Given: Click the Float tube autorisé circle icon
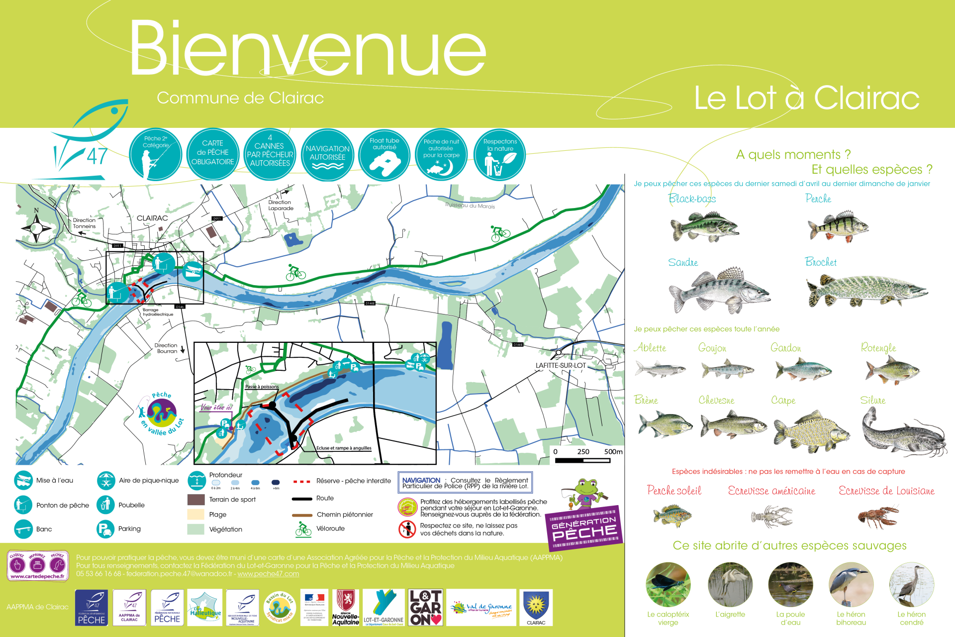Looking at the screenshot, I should [x=384, y=155].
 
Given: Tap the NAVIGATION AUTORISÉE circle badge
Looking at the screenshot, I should [x=327, y=155].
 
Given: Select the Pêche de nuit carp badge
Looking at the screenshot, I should [x=441, y=155].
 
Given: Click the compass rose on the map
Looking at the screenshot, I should [x=36, y=228].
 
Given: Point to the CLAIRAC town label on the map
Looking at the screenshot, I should [x=152, y=218].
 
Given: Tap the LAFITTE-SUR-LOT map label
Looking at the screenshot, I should [x=561, y=365].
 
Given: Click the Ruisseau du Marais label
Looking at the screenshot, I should [x=470, y=206].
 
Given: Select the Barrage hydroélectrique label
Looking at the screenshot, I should [x=158, y=312].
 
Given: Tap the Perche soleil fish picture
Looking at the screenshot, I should [x=672, y=515].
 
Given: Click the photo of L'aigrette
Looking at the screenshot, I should [x=730, y=585].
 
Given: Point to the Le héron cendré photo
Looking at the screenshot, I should [x=911, y=585].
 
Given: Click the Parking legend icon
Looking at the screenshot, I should [x=105, y=529].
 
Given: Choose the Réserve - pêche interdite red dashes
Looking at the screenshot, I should [x=302, y=481].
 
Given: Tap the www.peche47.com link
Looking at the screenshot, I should [x=268, y=574].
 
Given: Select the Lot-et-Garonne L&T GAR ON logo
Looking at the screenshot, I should [x=426, y=607].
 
